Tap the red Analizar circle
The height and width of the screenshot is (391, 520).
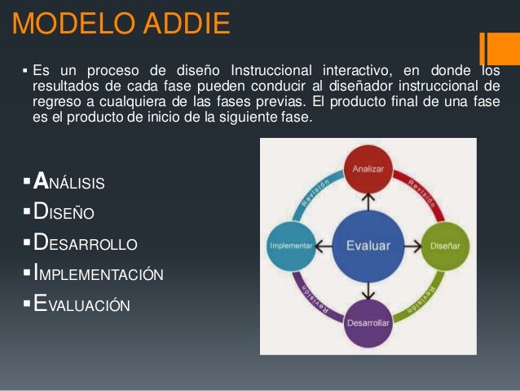click(x=368, y=168)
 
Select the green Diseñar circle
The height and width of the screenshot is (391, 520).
click(x=443, y=245)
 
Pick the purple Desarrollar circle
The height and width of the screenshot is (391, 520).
click(x=368, y=322)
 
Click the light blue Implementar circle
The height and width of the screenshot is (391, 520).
click(x=292, y=245)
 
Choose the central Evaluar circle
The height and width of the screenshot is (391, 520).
click(x=368, y=245)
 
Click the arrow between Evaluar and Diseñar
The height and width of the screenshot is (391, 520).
click(x=410, y=245)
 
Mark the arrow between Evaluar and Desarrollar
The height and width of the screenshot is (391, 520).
click(x=368, y=288)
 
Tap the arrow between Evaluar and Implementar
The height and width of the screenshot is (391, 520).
click(x=324, y=245)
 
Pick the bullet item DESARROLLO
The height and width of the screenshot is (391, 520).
click(x=85, y=244)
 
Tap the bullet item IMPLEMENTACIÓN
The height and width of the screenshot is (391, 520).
click(x=98, y=274)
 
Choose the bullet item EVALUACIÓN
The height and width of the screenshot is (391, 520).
click(x=82, y=305)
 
